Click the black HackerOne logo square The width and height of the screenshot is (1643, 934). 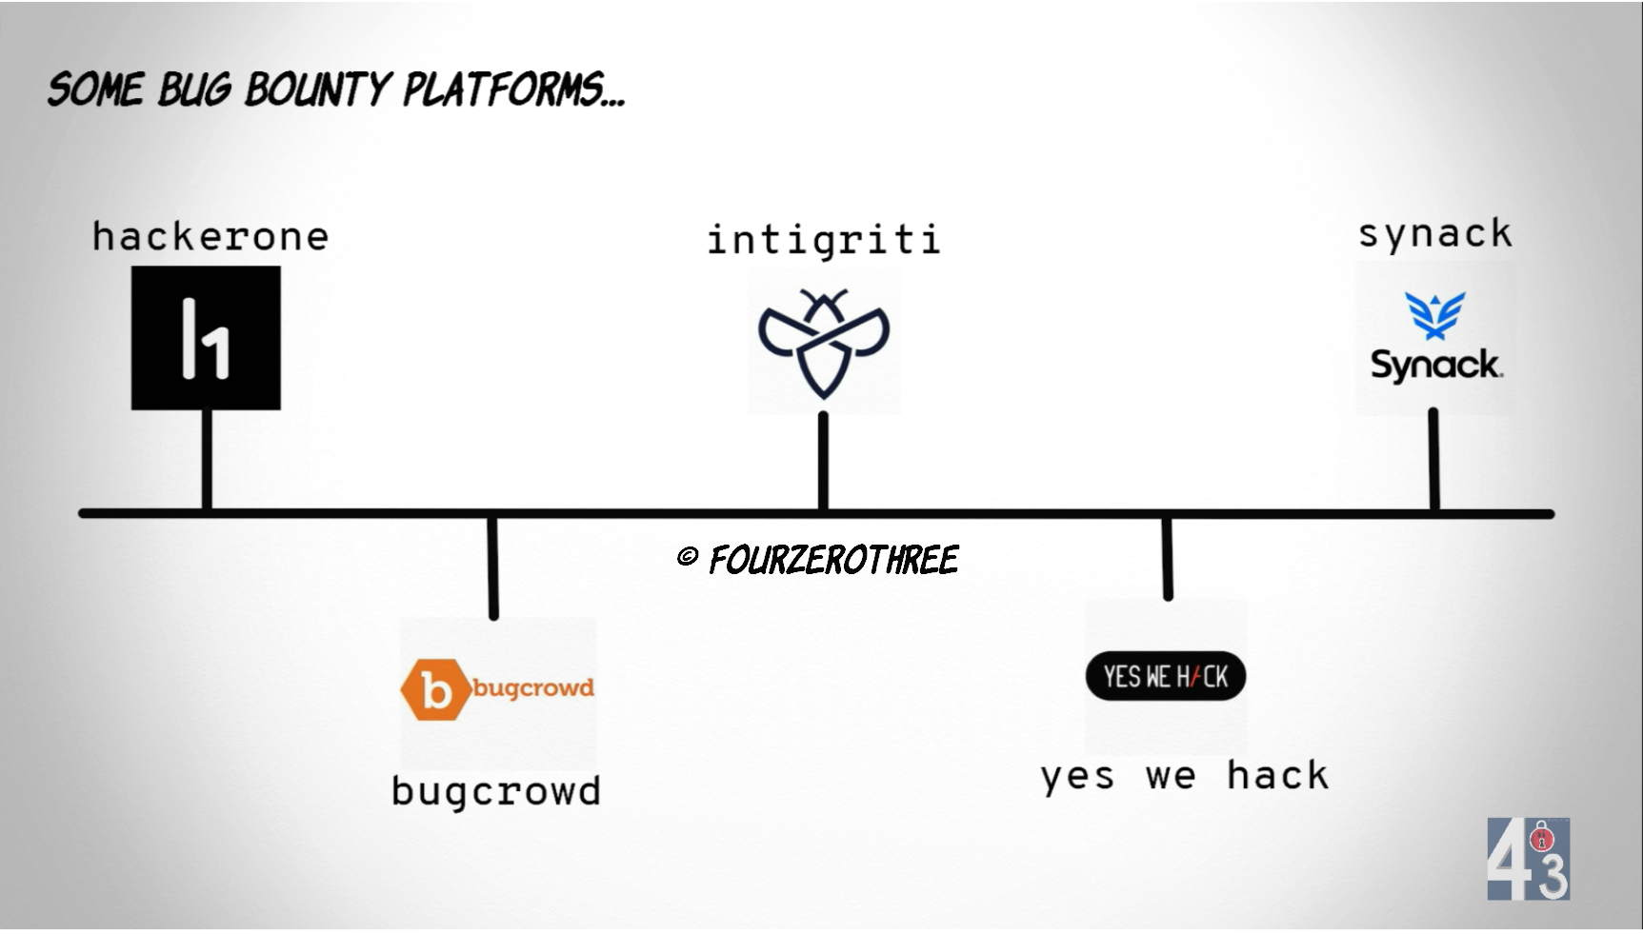[206, 338]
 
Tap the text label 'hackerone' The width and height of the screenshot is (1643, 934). [210, 237]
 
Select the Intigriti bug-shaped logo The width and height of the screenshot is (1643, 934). [824, 343]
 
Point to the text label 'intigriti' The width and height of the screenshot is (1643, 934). [824, 240]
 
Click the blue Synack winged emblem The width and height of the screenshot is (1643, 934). [1434, 314]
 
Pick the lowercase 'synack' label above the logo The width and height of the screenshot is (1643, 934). [1435, 234]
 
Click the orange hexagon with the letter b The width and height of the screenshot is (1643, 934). [434, 689]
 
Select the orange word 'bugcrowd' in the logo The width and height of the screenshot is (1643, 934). [533, 687]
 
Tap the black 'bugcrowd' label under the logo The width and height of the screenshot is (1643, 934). [496, 792]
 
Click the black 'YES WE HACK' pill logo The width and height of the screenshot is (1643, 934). [1166, 677]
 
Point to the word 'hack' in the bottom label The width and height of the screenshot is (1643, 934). [1277, 776]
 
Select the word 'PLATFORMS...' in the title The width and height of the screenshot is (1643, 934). [514, 90]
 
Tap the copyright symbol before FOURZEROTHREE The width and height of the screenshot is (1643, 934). [688, 557]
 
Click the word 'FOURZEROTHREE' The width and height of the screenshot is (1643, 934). [833, 560]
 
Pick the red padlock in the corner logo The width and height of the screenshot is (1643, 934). [1542, 840]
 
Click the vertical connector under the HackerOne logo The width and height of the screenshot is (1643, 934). [207, 459]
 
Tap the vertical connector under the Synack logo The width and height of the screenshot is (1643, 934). [1433, 460]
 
